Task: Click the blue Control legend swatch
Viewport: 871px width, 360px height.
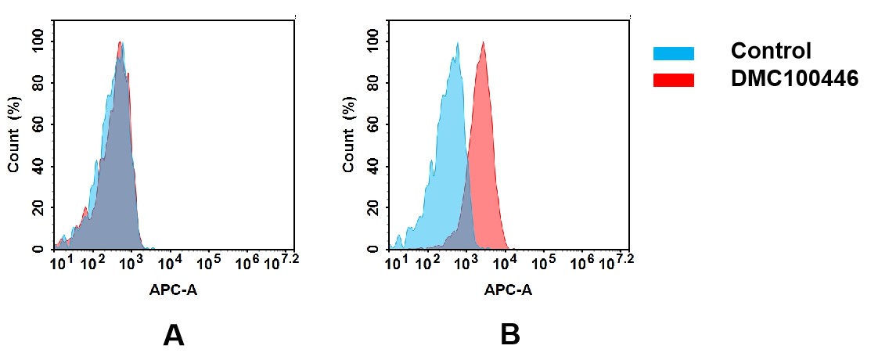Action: point(673,53)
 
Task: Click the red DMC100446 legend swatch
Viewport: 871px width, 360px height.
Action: point(673,80)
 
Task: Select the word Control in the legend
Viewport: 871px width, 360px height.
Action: point(770,52)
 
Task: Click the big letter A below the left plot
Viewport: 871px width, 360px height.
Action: point(173,335)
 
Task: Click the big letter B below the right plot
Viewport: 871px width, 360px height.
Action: point(509,335)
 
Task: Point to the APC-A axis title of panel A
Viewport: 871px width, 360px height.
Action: point(175,290)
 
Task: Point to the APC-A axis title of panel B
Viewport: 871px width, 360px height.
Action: point(508,290)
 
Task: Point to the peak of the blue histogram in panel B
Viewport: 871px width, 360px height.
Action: point(456,45)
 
